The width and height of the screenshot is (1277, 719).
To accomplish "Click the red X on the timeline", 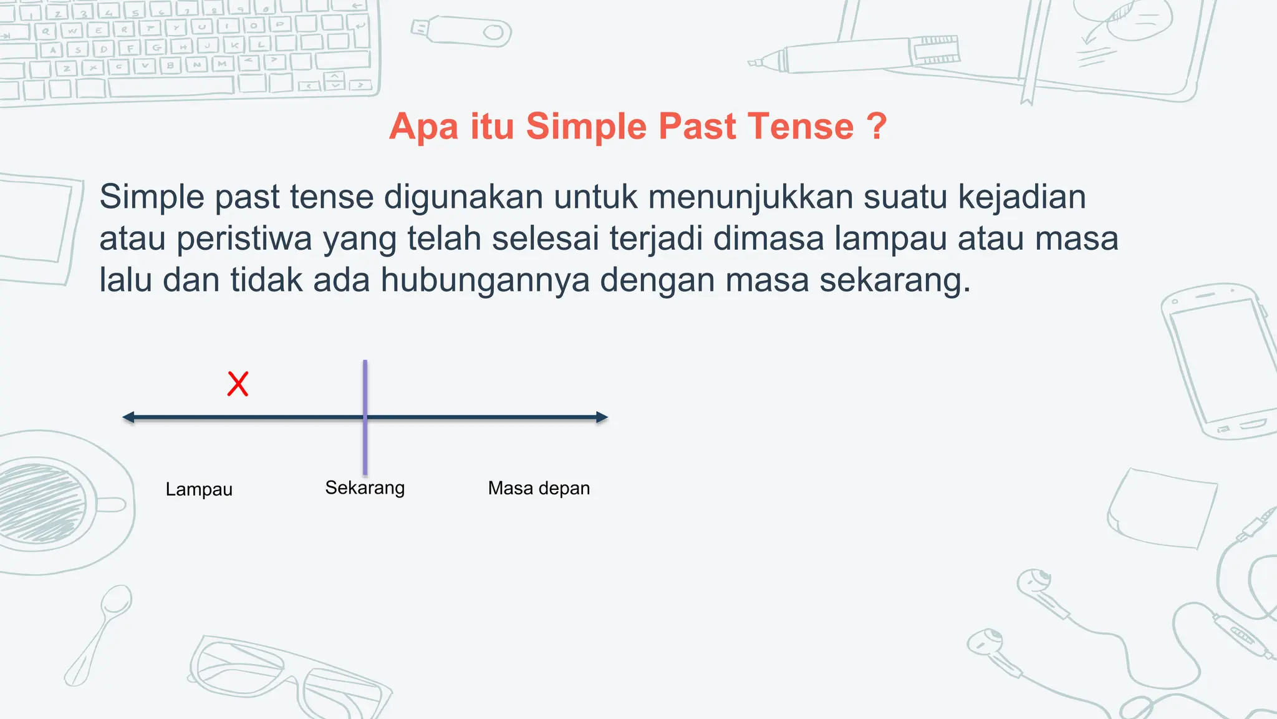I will click(238, 384).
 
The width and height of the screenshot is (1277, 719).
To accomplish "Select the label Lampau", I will click(199, 489).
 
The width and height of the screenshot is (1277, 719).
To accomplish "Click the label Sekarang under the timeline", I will click(365, 487).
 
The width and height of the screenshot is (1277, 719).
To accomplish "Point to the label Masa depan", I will click(539, 488).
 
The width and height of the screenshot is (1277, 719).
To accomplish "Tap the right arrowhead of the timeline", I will click(602, 418).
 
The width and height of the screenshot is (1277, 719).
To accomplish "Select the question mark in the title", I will click(876, 127).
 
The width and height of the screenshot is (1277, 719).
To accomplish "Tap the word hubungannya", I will click(485, 280).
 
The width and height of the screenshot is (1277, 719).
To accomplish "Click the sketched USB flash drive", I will click(462, 31).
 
